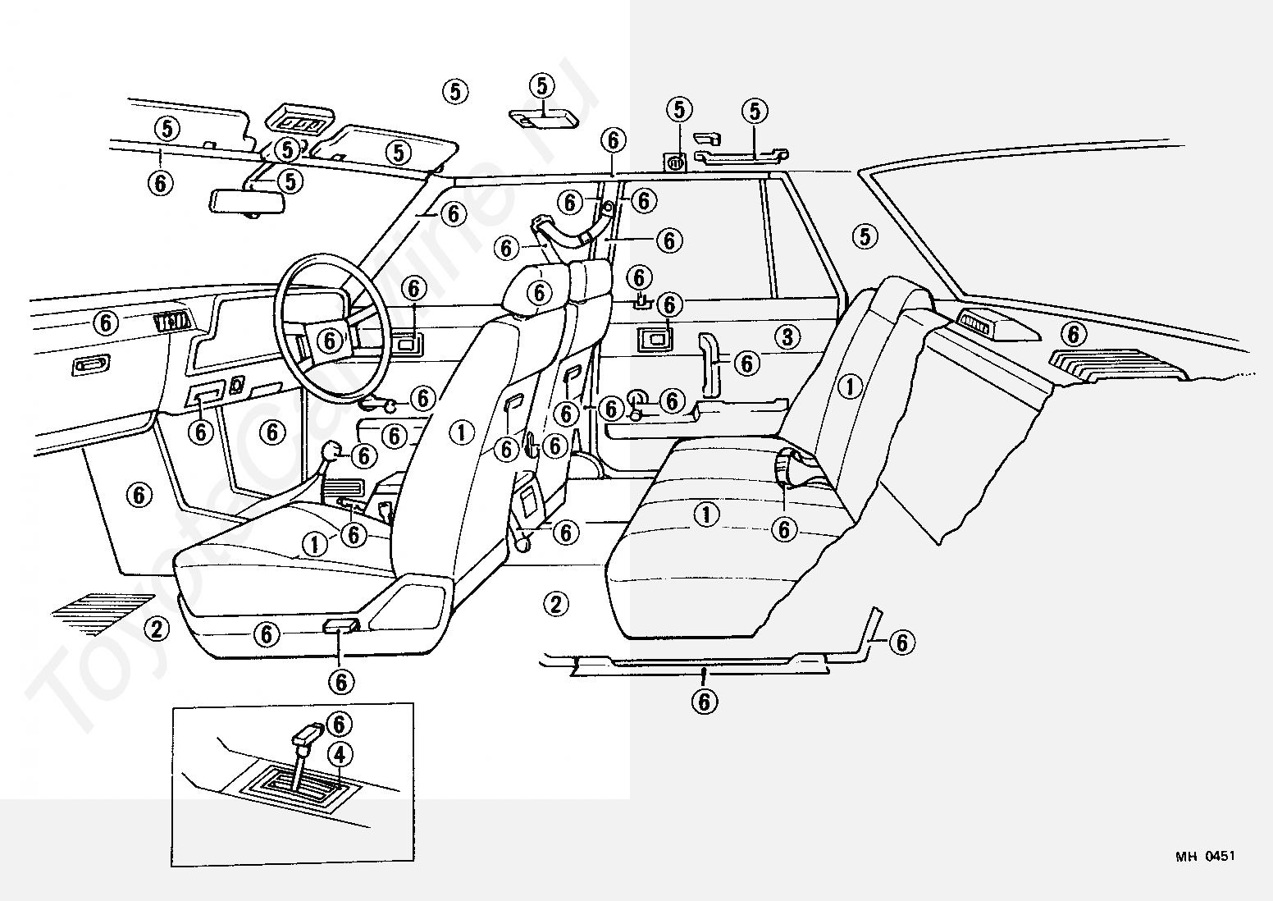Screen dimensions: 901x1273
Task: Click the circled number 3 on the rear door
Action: pos(787,336)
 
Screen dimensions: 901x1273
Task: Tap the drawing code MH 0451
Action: pos(1205,857)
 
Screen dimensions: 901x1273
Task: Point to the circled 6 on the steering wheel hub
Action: pos(331,339)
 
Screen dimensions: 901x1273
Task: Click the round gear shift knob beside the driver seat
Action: pos(332,450)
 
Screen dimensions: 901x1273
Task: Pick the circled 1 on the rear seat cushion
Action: pos(706,515)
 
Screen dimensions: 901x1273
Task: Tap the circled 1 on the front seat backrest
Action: pos(462,432)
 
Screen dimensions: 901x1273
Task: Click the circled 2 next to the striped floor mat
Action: pos(155,629)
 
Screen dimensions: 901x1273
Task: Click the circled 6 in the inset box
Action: pos(340,723)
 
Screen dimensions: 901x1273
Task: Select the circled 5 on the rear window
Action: pos(865,236)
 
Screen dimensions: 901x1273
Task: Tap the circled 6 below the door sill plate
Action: pos(704,700)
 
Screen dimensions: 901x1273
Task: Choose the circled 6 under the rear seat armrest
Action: pos(784,530)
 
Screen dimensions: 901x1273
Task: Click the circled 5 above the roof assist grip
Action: pos(755,111)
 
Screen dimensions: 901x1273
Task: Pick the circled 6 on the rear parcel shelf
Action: pos(1073,334)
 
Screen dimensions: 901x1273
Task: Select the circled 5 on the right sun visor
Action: pos(399,152)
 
